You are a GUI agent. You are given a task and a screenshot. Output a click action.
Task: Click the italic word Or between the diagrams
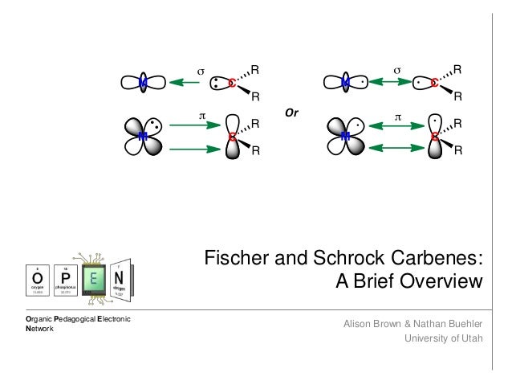(x=291, y=113)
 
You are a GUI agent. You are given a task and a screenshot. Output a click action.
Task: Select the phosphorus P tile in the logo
(x=67, y=278)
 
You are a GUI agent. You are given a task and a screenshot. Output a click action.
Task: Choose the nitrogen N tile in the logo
(x=120, y=277)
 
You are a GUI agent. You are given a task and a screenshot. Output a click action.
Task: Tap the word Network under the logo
(x=40, y=330)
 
